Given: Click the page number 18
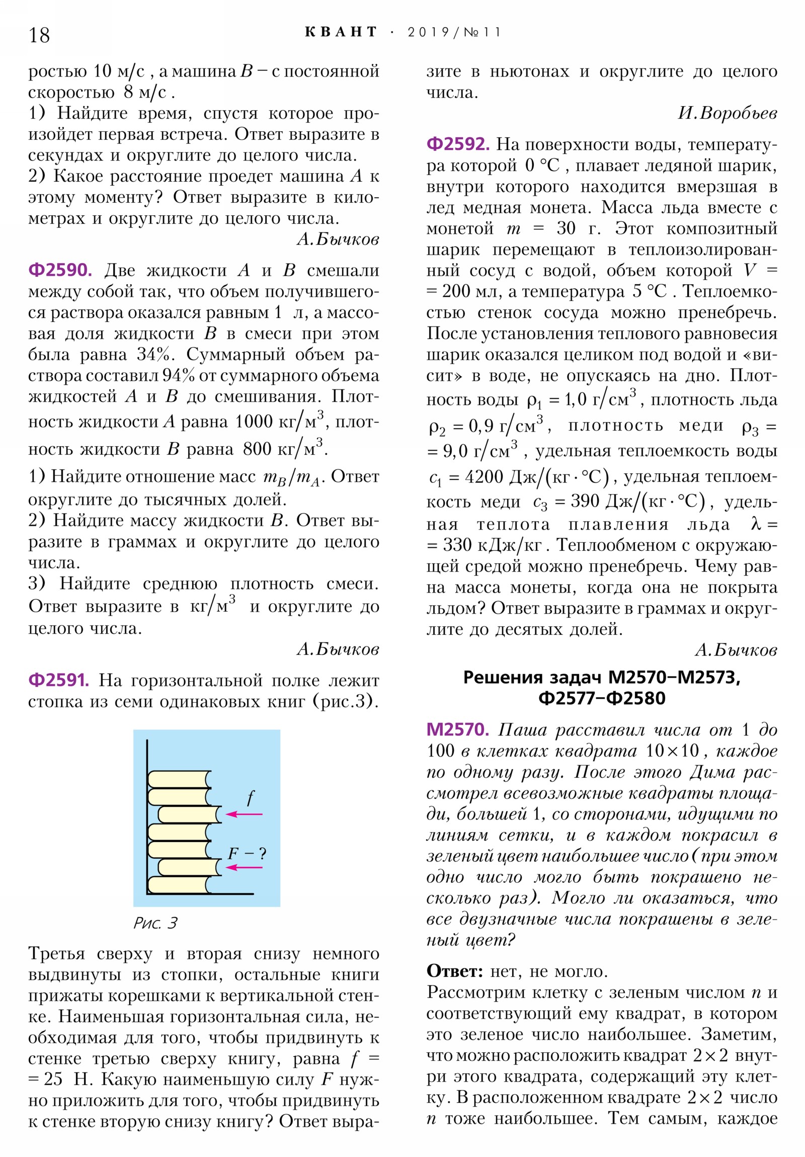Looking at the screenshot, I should [x=39, y=35].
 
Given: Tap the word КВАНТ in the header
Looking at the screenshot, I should [x=341, y=32].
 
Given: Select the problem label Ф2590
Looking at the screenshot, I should [x=60, y=270].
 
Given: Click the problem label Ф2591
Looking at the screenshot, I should [x=58, y=680].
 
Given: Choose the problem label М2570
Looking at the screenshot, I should [x=457, y=729].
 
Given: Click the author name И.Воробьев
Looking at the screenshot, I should [x=727, y=113].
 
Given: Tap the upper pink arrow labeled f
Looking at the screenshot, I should [x=244, y=814].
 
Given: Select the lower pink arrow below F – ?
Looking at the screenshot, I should [x=244, y=867].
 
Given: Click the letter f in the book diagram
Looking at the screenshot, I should [x=251, y=798].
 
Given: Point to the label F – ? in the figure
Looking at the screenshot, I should [x=247, y=853].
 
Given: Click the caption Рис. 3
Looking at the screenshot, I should [x=155, y=923].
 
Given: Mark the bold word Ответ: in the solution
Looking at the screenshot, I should [x=455, y=971].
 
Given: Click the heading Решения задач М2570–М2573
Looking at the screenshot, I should [x=601, y=678].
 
